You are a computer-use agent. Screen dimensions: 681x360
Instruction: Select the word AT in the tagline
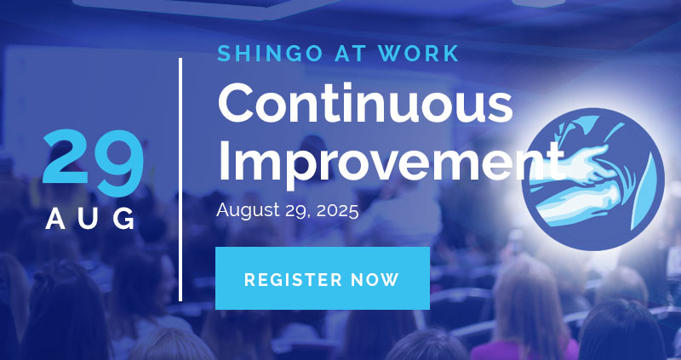pos(350,54)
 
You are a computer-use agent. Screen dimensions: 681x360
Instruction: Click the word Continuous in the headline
pos(365,102)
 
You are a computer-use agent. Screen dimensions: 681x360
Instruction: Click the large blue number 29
pos(93,163)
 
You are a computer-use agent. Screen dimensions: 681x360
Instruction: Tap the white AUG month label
pos(90,219)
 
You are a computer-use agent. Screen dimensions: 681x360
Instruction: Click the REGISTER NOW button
pos(323,278)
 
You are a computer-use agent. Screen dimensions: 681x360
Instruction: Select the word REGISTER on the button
pos(294,280)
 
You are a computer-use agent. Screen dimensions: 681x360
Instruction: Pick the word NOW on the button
pos(375,280)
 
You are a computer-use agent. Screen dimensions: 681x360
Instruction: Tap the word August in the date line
pos(248,211)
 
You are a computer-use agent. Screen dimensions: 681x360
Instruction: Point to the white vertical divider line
pos(180,180)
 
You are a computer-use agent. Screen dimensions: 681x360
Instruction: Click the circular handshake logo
pos(593,179)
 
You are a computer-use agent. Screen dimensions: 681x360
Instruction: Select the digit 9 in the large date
pos(120,163)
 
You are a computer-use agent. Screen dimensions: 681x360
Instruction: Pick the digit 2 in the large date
pos(66,157)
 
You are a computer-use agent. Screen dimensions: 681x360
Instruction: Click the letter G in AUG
pos(124,219)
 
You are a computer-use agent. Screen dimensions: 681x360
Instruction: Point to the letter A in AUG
pos(55,219)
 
